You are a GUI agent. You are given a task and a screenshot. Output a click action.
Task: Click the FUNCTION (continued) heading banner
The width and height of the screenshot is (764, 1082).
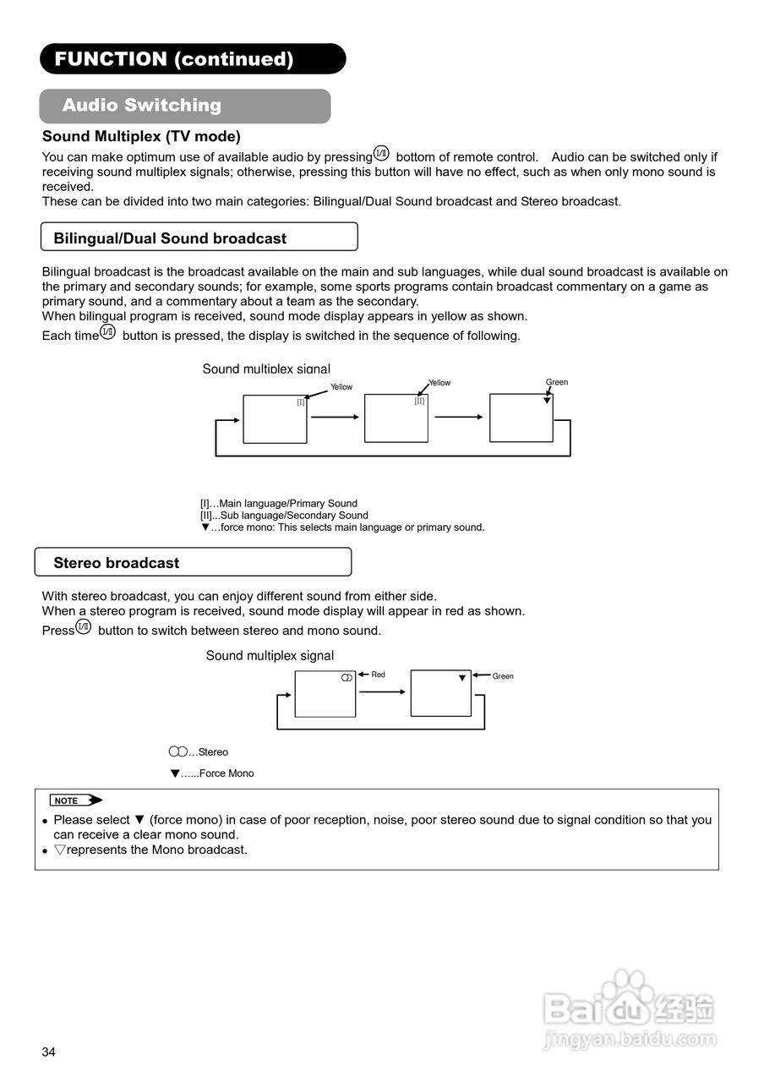(192, 59)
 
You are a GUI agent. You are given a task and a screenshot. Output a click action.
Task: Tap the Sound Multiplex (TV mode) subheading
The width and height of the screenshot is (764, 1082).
(141, 136)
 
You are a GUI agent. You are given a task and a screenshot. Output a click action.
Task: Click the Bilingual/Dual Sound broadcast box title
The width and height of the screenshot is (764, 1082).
(170, 238)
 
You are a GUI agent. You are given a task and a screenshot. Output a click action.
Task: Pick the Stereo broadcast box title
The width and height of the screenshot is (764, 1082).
(117, 563)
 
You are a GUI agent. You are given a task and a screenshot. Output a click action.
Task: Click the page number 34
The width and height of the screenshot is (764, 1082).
(49, 1052)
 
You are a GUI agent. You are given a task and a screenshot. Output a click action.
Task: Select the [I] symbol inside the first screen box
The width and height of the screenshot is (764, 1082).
(300, 402)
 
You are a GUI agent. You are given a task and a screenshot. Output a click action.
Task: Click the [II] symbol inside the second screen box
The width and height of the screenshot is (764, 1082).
(419, 401)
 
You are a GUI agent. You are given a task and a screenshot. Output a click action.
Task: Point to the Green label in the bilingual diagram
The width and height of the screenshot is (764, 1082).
(557, 382)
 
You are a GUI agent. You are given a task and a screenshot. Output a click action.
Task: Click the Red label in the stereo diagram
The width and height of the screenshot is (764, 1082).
(379, 675)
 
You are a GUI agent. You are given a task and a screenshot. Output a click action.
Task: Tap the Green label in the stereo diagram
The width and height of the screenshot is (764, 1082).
(503, 676)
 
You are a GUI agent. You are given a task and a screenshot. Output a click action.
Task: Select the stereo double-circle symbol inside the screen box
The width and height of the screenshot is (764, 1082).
(346, 678)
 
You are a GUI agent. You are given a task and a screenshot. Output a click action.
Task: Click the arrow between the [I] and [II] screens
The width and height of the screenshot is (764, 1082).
(335, 417)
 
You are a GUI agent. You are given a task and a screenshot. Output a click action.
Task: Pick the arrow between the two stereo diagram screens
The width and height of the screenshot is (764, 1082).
(382, 692)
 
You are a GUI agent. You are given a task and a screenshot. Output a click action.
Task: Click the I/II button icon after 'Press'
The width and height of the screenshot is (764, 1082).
(84, 626)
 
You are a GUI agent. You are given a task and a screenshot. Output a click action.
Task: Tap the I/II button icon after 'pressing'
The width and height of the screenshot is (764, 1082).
(381, 153)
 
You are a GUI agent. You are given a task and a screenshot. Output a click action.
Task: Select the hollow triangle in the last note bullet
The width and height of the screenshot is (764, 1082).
(59, 850)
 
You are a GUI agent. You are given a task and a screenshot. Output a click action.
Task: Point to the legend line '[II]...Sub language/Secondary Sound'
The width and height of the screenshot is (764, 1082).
(284, 515)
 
